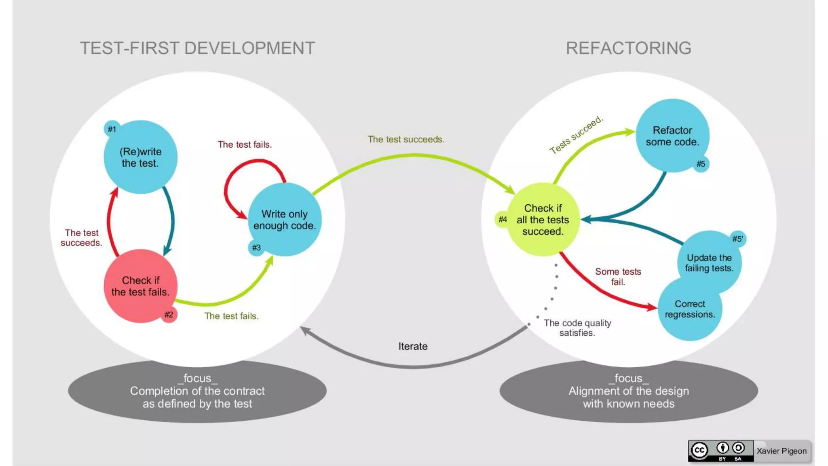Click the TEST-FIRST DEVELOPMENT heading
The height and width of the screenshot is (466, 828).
point(197,48)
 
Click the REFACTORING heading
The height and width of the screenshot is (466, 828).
point(628,48)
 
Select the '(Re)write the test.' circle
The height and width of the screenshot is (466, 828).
point(140,157)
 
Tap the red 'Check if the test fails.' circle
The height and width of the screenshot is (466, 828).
point(140,286)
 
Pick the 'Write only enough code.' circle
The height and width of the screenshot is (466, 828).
point(284,220)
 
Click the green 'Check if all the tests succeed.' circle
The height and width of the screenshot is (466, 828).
point(543,220)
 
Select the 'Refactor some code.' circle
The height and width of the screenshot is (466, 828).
point(672,136)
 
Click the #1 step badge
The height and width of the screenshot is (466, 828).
point(112,129)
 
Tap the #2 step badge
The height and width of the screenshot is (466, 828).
point(169,315)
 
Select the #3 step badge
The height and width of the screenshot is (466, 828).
point(256,248)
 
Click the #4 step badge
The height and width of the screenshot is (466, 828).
point(503,219)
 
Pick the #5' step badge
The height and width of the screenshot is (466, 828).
point(737,239)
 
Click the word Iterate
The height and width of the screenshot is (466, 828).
point(413,346)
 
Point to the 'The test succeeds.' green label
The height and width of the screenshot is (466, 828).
point(406,139)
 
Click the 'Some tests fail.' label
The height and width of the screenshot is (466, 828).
point(618,277)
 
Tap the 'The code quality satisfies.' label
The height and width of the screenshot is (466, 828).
point(577,328)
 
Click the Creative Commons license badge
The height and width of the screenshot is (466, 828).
point(720,451)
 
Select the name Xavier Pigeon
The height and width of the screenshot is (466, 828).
point(782,451)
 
